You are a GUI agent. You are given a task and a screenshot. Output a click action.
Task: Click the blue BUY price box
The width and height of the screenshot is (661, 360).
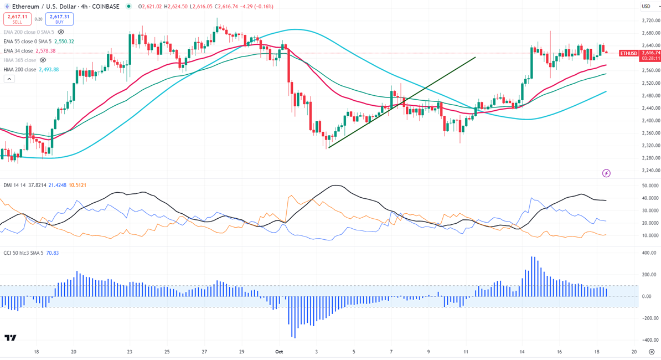click(59, 18)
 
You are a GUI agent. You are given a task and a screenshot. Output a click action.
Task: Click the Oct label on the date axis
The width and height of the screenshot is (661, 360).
click(280, 351)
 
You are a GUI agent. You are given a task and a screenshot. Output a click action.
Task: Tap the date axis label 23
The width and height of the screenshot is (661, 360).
click(129, 351)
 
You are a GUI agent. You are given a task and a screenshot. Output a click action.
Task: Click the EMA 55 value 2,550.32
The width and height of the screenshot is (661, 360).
click(64, 42)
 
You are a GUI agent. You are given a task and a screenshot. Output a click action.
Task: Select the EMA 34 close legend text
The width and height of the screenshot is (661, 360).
click(25, 51)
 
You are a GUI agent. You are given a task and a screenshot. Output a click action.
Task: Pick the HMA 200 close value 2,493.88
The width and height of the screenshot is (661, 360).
click(49, 70)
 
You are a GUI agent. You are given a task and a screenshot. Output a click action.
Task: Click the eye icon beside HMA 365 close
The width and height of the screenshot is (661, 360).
click(43, 60)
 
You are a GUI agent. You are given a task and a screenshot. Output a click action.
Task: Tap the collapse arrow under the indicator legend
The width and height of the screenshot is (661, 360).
click(9, 79)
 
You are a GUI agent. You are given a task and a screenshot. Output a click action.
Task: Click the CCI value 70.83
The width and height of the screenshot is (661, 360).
click(53, 253)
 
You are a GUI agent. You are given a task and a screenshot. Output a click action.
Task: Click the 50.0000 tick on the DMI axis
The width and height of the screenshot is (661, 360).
click(648, 186)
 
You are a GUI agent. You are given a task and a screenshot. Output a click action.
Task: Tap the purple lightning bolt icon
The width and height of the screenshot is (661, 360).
click(606, 173)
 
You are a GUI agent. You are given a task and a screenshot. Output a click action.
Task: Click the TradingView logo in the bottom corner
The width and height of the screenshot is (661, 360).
click(10, 338)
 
